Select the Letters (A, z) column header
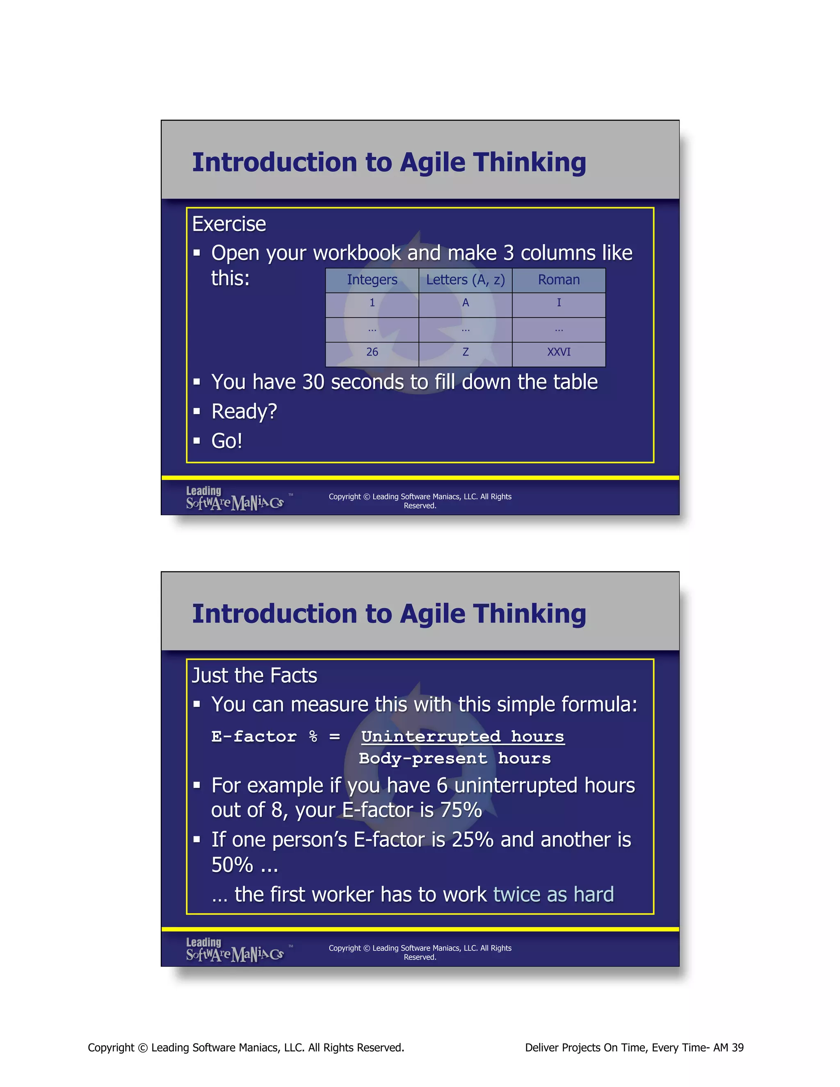[x=465, y=280]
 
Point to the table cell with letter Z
[x=465, y=352]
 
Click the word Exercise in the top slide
[x=229, y=224]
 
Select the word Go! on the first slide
[x=226, y=441]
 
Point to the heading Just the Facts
[x=254, y=676]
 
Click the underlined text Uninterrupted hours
[x=462, y=737]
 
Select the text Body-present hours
[x=454, y=758]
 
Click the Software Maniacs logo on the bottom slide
[x=234, y=950]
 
